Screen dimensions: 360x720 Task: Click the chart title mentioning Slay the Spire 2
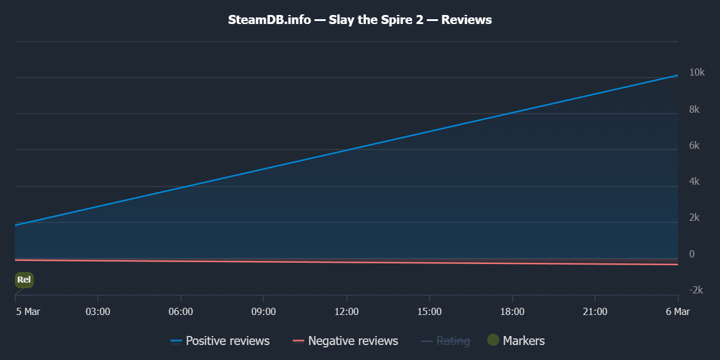click(x=360, y=20)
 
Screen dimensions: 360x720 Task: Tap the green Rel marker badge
click(x=24, y=280)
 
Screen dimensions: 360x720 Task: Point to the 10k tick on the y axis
click(x=697, y=73)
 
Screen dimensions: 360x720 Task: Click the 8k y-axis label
click(x=695, y=109)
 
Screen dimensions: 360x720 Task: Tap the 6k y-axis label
click(x=695, y=145)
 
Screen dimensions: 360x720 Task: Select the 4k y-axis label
click(x=695, y=181)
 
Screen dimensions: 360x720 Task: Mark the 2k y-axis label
click(x=695, y=217)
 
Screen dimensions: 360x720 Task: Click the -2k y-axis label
click(x=696, y=290)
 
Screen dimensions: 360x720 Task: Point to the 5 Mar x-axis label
click(x=28, y=311)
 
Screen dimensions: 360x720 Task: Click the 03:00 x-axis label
click(x=98, y=311)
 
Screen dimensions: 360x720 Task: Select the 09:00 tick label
click(x=263, y=311)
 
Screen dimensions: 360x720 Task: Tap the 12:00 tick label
click(x=346, y=311)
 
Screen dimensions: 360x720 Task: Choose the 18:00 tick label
click(x=512, y=311)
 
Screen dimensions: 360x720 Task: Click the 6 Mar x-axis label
click(x=678, y=311)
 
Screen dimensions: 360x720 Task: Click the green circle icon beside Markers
click(x=493, y=340)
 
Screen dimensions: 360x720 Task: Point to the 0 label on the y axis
click(x=692, y=254)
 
